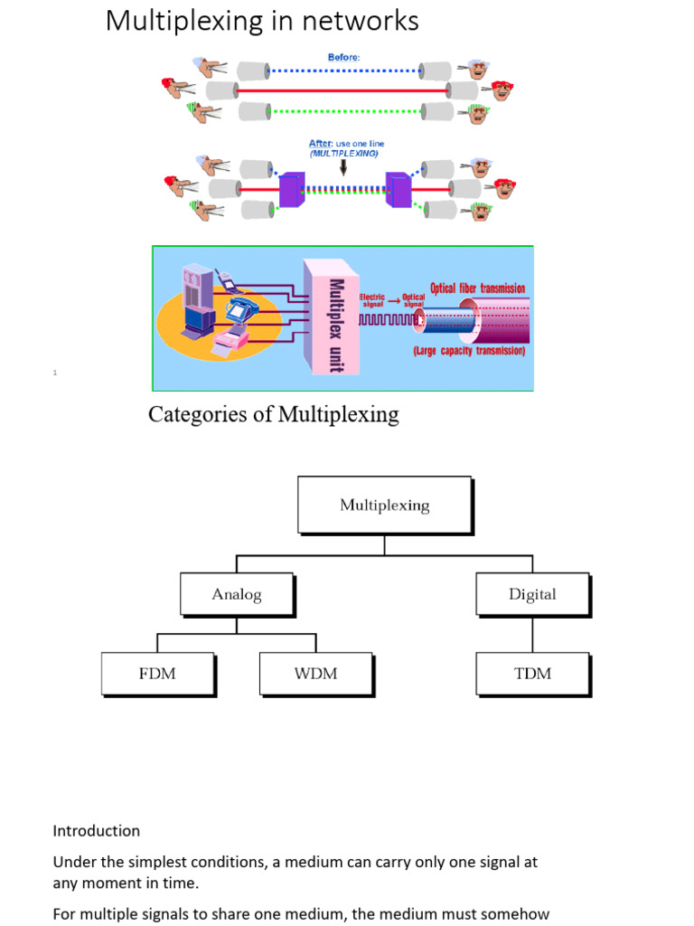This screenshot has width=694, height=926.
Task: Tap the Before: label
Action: [x=343, y=57]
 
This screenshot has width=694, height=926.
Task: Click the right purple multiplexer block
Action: [x=399, y=189]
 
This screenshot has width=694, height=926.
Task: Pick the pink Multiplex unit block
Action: [x=332, y=316]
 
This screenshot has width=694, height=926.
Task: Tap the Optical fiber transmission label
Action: [x=477, y=288]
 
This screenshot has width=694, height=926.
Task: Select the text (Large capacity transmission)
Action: [x=469, y=351]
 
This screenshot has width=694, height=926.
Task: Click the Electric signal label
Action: [x=372, y=300]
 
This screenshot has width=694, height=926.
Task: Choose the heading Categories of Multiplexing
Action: [x=273, y=415]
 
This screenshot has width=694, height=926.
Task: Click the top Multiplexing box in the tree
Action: [x=384, y=505]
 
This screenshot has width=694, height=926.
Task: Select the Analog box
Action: [x=237, y=594]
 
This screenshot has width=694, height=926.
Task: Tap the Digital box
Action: [x=532, y=594]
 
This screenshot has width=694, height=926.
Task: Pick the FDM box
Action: [x=157, y=674]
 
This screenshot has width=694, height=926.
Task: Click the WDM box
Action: [x=315, y=674]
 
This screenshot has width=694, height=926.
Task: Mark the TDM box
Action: [x=532, y=674]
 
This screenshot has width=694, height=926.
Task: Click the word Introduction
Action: [x=97, y=830]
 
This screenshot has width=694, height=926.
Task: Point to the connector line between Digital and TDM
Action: [x=532, y=635]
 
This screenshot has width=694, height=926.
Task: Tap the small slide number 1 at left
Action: [x=55, y=373]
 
